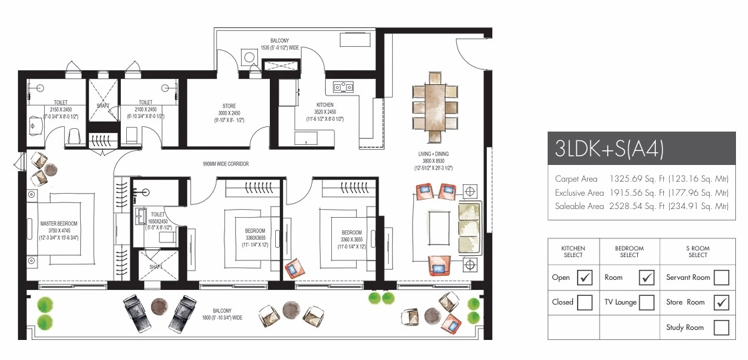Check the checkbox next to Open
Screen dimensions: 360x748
[x=584, y=277]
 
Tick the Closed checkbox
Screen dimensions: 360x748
[x=584, y=302]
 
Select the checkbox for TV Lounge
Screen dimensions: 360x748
[x=646, y=302]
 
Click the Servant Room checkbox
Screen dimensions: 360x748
[x=721, y=277]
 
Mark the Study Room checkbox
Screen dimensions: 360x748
[x=721, y=327]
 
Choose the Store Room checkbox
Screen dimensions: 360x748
[x=721, y=302]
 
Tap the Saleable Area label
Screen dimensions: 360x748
[x=579, y=206]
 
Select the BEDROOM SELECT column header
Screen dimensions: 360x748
[x=629, y=251]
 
